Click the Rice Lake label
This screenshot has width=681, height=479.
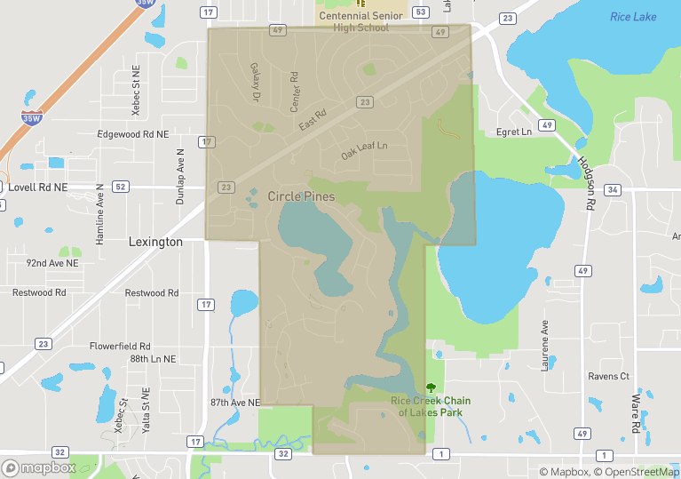(633, 17)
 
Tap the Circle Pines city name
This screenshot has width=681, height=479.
(301, 196)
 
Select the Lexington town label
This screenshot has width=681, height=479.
(155, 242)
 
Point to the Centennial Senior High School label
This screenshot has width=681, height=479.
(360, 21)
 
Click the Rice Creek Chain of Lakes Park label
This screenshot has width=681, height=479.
(431, 406)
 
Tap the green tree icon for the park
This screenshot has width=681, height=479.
(432, 387)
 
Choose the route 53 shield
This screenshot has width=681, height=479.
(421, 12)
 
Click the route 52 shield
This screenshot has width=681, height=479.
(121, 187)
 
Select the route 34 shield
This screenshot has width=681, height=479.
(613, 189)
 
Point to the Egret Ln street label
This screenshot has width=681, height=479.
(513, 132)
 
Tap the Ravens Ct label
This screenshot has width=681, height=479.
(608, 376)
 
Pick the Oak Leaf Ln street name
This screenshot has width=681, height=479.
(365, 151)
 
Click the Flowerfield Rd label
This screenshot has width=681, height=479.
(120, 346)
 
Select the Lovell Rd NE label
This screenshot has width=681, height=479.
(38, 188)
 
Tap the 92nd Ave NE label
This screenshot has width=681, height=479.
(52, 263)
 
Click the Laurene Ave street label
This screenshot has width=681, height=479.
(546, 340)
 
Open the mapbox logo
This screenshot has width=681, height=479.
(39, 467)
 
